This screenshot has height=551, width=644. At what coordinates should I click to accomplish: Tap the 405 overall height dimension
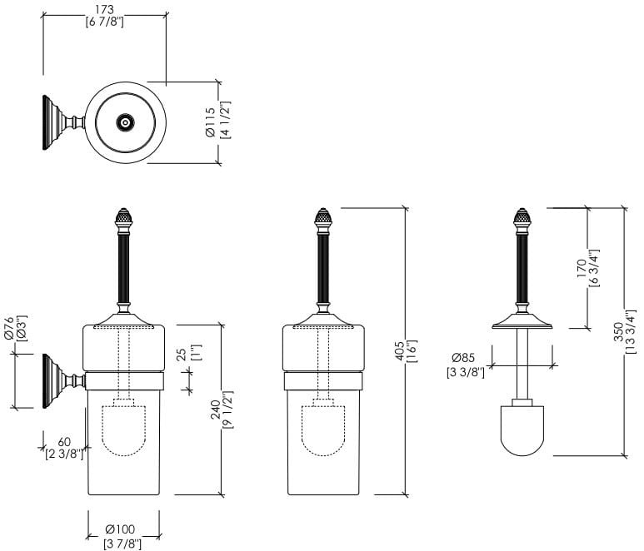coord(400,350)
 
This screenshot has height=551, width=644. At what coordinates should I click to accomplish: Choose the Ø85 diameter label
coord(466,360)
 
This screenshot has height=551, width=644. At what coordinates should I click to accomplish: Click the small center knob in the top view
coord(125,122)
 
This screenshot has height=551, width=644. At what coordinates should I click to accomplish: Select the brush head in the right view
coord(523,429)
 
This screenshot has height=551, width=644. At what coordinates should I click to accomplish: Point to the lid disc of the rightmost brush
coord(523,322)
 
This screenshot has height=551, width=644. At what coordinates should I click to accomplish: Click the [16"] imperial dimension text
coord(412,350)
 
